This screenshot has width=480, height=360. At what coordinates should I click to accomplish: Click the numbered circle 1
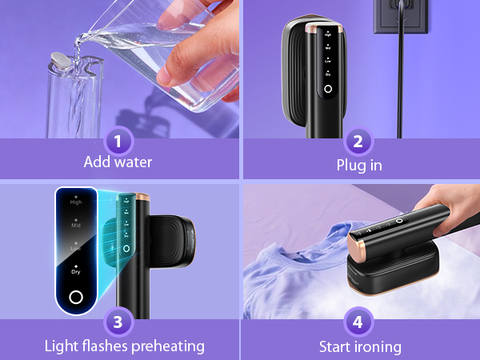point(118,142)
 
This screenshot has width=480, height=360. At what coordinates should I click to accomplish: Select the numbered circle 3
point(118,323)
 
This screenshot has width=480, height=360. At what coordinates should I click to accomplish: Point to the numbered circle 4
point(359,323)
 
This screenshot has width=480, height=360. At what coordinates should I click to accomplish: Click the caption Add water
point(118,162)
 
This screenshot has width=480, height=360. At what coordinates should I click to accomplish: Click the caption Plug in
point(359,166)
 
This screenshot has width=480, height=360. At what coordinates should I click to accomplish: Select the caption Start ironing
point(359,346)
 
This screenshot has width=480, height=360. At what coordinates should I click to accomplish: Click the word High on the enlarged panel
point(76,202)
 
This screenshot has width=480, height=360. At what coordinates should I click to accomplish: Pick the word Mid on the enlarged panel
point(76,226)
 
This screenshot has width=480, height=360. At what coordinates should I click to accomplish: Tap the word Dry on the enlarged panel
point(76,272)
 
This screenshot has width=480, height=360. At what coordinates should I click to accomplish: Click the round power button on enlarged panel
point(75,298)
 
